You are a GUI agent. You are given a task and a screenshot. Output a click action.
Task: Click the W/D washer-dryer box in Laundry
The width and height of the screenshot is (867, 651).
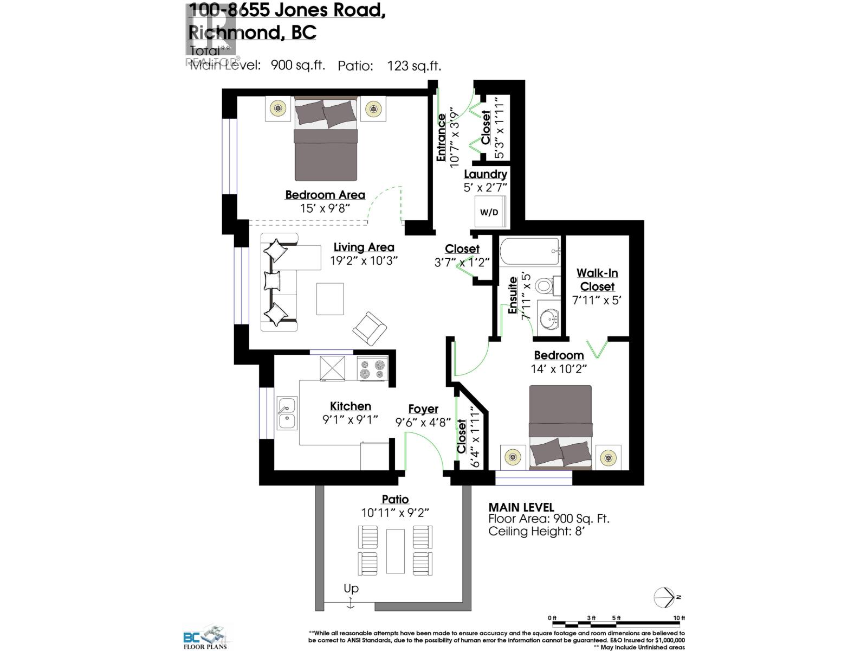click(x=489, y=212)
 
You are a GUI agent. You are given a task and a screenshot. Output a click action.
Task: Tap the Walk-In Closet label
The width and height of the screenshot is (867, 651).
click(x=597, y=280)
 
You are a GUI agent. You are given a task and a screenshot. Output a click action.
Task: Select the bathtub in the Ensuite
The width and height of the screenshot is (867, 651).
click(x=529, y=252)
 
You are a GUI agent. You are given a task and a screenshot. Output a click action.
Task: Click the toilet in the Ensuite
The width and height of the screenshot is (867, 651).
click(x=546, y=285)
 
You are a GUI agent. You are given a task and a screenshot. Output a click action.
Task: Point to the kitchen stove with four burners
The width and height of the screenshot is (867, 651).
click(x=372, y=368)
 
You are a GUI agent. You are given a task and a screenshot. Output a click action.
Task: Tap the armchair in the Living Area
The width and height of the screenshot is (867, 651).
click(x=370, y=328)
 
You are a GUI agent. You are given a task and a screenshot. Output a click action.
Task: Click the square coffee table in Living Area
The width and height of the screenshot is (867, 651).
click(x=330, y=299)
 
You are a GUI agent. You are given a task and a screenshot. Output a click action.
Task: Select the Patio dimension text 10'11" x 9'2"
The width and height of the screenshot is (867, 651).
click(x=396, y=513)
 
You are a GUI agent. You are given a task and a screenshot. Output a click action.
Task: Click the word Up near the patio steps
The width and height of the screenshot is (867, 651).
click(x=351, y=588)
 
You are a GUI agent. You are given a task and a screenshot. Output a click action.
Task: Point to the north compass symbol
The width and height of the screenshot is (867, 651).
click(x=665, y=597)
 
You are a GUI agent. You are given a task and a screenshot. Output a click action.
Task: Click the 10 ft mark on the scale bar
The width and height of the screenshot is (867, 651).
click(x=679, y=618)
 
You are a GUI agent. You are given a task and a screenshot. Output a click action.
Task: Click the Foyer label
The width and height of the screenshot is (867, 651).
click(x=423, y=409)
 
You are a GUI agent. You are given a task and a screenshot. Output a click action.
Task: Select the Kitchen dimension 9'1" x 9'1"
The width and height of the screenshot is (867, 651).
click(x=350, y=419)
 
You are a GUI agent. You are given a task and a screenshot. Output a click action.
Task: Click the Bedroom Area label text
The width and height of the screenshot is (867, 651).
click(x=325, y=195)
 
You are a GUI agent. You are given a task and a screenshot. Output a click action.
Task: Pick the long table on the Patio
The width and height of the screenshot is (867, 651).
click(x=395, y=551)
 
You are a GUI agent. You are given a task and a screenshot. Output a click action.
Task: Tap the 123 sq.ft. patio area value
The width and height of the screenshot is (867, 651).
click(x=414, y=66)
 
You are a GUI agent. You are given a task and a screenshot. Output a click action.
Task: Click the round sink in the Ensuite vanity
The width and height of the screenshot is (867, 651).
click(x=550, y=318)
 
